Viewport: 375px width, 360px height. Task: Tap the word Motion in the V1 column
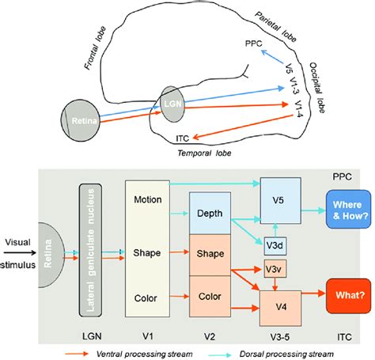[147, 199]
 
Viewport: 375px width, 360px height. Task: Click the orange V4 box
[282, 305]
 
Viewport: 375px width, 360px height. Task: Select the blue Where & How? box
[342, 211]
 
